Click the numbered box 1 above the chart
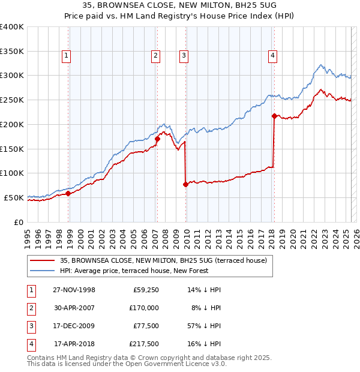click(66, 56)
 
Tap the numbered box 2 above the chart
click(155, 56)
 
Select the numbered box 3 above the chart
click(184, 56)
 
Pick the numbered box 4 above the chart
click(272, 56)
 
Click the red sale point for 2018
click(274, 116)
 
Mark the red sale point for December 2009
click(185, 184)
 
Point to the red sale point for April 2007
click(157, 139)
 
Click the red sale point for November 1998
click(68, 193)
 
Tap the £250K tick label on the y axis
click(11, 100)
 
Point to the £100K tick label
click(11, 173)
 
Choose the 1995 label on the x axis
click(28, 234)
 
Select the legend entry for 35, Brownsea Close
click(158, 260)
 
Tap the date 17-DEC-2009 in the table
click(74, 326)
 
